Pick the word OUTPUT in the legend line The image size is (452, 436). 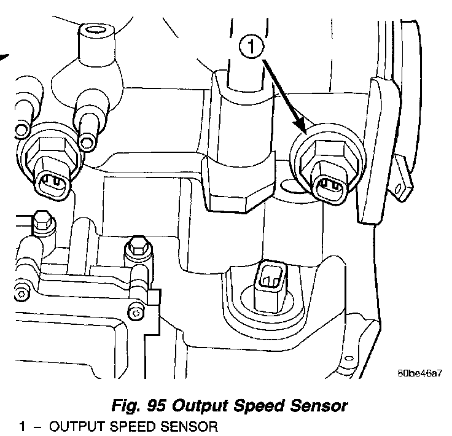(71, 426)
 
